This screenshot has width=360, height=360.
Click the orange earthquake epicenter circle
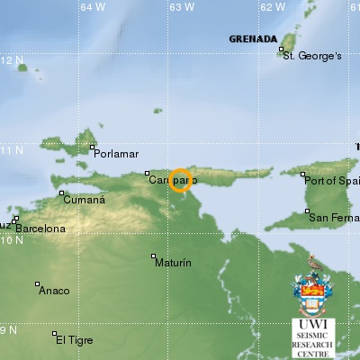pos(180,180)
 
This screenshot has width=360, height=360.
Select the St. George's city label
pos(312,56)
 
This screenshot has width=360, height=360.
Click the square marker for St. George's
pos(279,50)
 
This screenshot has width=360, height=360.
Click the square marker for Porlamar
pos(93,147)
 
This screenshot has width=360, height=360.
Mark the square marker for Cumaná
pos(61,193)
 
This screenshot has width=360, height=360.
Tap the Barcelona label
pos(40,229)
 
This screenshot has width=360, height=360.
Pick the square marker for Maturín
pos(154,256)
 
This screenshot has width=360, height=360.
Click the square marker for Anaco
pos(37,284)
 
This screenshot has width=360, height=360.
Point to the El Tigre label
pos(75,339)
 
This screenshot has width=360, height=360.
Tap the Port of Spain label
pos(334,181)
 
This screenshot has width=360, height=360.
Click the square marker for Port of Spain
pos(303,175)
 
